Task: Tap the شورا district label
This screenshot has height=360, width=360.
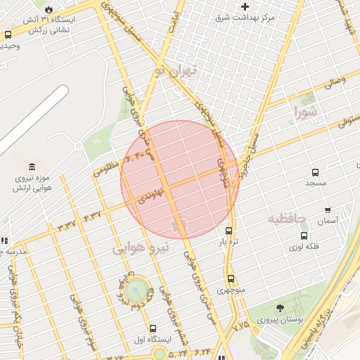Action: tap(307, 112)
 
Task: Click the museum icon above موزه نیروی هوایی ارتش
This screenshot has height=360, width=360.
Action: tap(32, 167)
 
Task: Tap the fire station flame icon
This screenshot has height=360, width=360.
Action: tap(49, 8)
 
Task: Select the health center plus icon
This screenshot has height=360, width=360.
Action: tap(245, 6)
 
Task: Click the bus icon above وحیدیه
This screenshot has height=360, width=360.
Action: tap(8, 34)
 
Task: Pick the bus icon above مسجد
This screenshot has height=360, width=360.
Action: tap(315, 172)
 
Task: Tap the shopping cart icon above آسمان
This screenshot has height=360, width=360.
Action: tap(328, 210)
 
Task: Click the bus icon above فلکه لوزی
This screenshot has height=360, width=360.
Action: tap(304, 236)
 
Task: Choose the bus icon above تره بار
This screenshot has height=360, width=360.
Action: tap(229, 231)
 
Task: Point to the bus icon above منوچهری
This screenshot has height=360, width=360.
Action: tap(231, 278)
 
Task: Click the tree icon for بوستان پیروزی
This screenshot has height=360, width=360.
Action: tap(281, 308)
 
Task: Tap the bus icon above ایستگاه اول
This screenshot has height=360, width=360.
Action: tap(153, 328)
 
